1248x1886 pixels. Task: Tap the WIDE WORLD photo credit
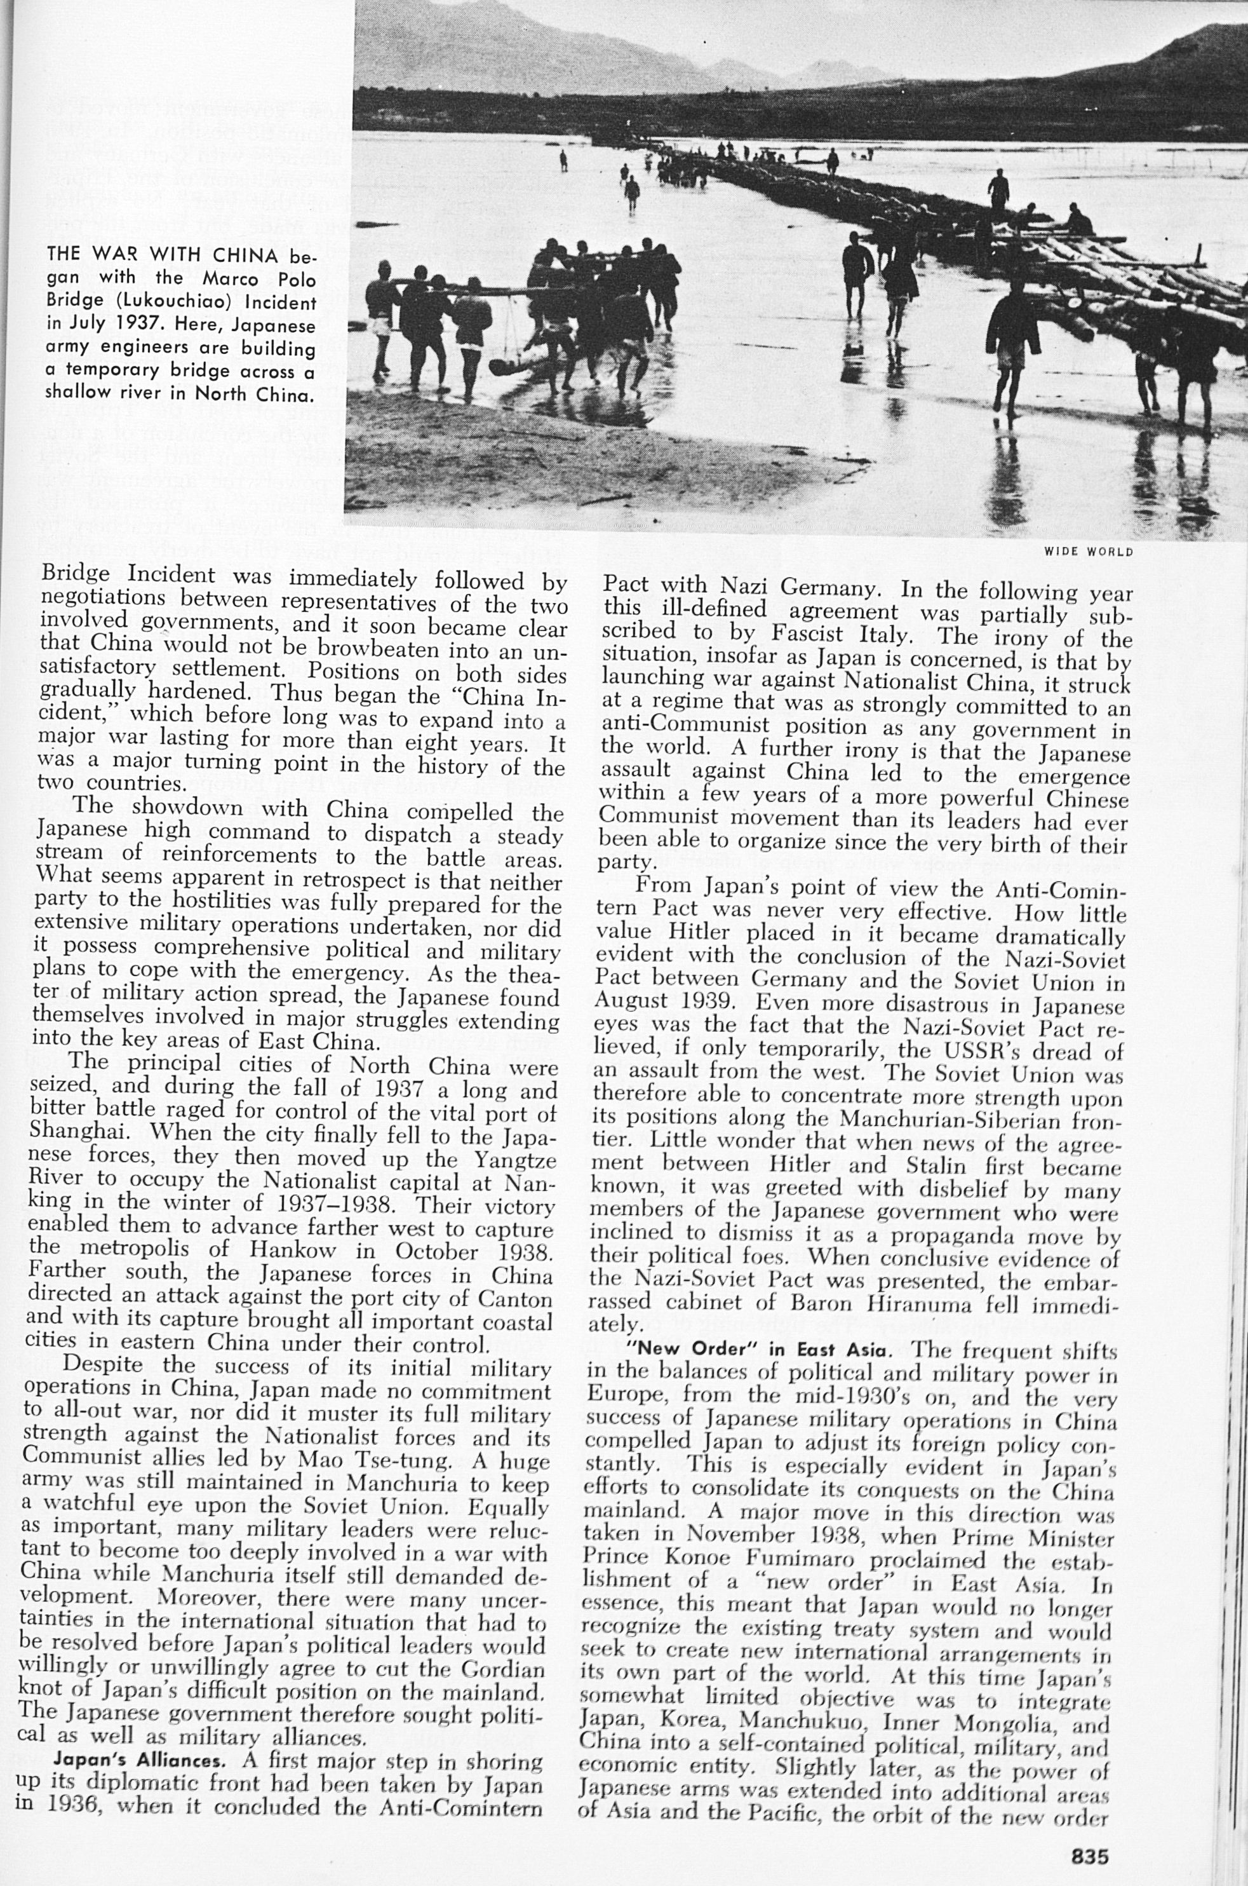pyautogui.click(x=1088, y=552)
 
